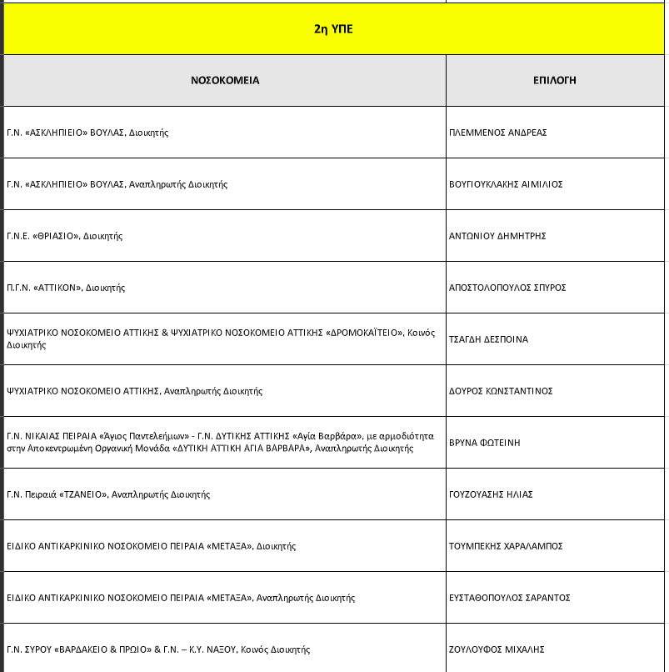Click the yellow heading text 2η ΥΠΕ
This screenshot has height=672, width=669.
pyautogui.click(x=334, y=28)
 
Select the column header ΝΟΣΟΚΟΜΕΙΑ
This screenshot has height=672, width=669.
pyautogui.click(x=225, y=81)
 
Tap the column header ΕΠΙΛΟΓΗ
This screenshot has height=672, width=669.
pyautogui.click(x=555, y=81)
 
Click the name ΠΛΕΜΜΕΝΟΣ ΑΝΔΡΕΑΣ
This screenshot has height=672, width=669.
pyautogui.click(x=497, y=133)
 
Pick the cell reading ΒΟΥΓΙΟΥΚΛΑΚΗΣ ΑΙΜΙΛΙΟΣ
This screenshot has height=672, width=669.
pyautogui.click(x=506, y=184)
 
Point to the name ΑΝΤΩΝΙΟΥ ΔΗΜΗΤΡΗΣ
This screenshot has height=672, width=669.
pyautogui.click(x=497, y=236)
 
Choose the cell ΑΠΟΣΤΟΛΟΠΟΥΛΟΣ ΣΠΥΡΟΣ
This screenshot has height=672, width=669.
pyautogui.click(x=507, y=288)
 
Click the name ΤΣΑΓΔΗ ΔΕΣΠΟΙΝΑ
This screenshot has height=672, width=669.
pyautogui.click(x=488, y=339)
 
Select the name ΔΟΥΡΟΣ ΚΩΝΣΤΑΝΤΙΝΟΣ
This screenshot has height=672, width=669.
pyautogui.click(x=501, y=391)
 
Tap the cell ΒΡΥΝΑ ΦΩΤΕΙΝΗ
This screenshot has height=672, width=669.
pyautogui.click(x=484, y=443)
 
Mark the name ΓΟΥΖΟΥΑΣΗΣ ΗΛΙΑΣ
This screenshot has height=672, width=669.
pyautogui.click(x=491, y=494)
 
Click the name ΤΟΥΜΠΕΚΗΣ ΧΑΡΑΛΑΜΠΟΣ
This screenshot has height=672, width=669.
pyautogui.click(x=506, y=546)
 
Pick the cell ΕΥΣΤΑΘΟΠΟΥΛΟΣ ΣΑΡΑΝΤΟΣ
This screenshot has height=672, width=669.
pyautogui.click(x=509, y=598)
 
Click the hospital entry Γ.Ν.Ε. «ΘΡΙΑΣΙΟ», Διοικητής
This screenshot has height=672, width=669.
pyautogui.click(x=64, y=236)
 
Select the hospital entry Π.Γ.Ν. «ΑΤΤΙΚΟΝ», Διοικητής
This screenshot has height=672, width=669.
pyautogui.click(x=65, y=288)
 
